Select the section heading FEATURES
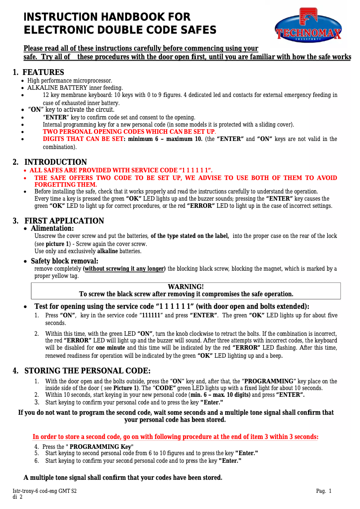click(43, 72)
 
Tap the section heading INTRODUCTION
click(55, 162)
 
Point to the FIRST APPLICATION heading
click(64, 221)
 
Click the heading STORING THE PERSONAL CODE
click(87, 371)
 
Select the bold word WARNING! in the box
click(185, 287)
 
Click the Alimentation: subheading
click(52, 228)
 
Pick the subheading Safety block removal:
click(64, 261)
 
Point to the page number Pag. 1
click(324, 491)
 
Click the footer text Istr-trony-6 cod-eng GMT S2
click(44, 491)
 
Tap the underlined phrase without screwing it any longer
click(124, 269)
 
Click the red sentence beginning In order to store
click(176, 437)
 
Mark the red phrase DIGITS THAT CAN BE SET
click(83, 139)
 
